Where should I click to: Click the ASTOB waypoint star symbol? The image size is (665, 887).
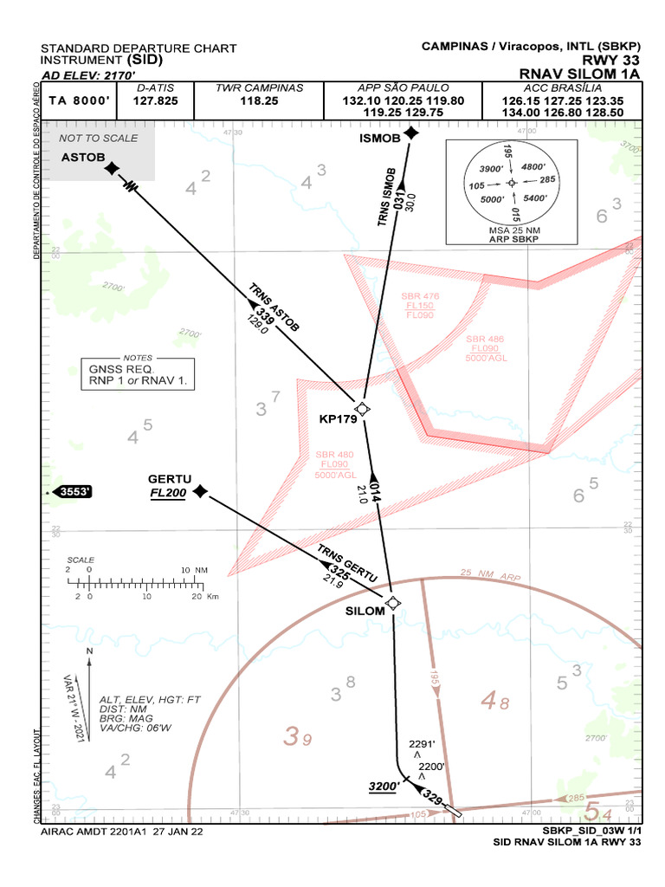[x=111, y=168]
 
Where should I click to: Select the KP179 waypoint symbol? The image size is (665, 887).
[x=363, y=409]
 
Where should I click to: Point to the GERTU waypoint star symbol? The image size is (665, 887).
[x=200, y=491]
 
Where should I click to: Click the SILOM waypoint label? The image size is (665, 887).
[x=365, y=611]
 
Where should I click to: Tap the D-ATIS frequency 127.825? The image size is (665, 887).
[x=156, y=100]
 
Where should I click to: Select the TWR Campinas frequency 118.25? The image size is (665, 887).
[x=259, y=100]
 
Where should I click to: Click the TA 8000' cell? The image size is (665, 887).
[x=78, y=100]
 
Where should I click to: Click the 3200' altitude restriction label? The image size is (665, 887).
[x=384, y=786]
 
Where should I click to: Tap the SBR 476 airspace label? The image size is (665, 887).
[x=420, y=296]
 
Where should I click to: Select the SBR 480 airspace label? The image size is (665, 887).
[x=334, y=455]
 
